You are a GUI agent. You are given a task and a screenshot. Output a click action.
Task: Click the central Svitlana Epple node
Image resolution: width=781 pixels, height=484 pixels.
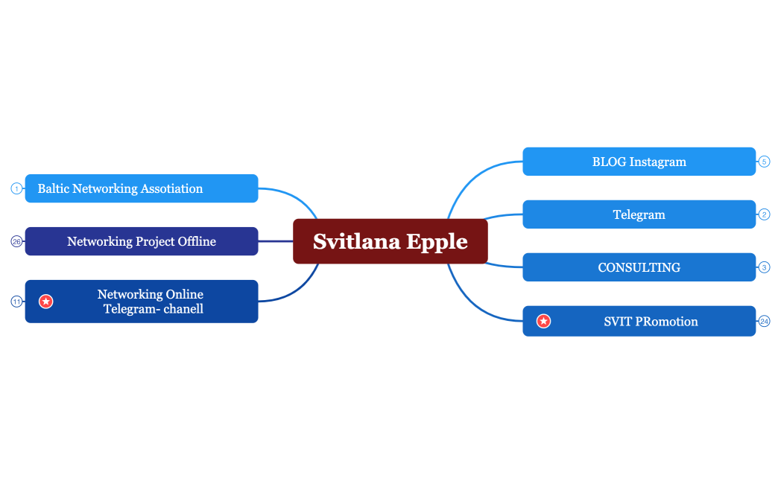pyautogui.click(x=390, y=241)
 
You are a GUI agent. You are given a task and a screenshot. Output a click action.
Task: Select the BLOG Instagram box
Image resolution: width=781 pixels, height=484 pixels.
pyautogui.click(x=639, y=162)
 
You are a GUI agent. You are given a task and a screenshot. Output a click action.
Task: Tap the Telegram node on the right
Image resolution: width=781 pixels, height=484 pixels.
pyautogui.click(x=639, y=214)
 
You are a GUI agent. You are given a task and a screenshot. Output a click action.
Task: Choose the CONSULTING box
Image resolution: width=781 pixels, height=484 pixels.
pyautogui.click(x=639, y=267)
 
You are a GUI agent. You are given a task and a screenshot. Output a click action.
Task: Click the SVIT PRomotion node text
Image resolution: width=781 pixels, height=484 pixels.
pyautogui.click(x=651, y=322)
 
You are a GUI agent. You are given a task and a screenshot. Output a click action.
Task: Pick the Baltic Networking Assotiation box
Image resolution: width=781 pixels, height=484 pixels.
pyautogui.click(x=142, y=188)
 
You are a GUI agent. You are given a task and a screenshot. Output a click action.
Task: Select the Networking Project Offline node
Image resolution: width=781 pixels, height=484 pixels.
pyautogui.click(x=142, y=241)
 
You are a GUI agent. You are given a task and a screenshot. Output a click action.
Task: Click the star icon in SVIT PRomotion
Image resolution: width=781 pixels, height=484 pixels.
pyautogui.click(x=544, y=321)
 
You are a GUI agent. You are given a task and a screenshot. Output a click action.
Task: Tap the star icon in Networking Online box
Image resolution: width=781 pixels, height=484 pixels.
pyautogui.click(x=46, y=302)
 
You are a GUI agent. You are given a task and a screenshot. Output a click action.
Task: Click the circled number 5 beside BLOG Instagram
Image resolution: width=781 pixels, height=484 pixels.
pyautogui.click(x=764, y=162)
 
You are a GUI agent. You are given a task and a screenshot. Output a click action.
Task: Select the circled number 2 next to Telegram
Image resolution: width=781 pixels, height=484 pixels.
pyautogui.click(x=764, y=214)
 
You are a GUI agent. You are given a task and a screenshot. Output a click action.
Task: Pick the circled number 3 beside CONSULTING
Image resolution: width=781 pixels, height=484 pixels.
pyautogui.click(x=764, y=267)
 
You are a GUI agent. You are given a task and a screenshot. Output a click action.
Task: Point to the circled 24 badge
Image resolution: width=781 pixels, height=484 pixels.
pyautogui.click(x=764, y=322)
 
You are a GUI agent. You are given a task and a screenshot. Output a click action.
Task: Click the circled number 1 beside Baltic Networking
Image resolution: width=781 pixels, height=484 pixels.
pyautogui.click(x=16, y=188)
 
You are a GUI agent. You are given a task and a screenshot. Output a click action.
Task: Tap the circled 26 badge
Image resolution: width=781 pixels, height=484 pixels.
pyautogui.click(x=16, y=241)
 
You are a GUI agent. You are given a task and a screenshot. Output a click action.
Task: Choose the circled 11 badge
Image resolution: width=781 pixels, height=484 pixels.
pyautogui.click(x=16, y=302)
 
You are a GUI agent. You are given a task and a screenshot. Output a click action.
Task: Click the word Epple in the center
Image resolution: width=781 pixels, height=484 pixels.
pyautogui.click(x=437, y=242)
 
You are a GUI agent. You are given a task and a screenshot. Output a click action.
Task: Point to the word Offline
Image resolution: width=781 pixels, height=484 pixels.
pyautogui.click(x=197, y=241)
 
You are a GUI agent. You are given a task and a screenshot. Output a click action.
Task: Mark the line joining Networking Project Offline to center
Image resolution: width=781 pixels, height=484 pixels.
pyautogui.click(x=276, y=241)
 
